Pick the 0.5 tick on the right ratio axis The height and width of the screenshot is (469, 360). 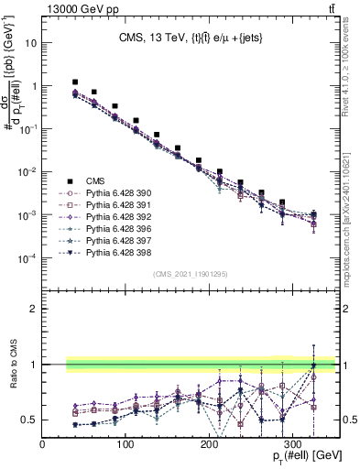point(348,420)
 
